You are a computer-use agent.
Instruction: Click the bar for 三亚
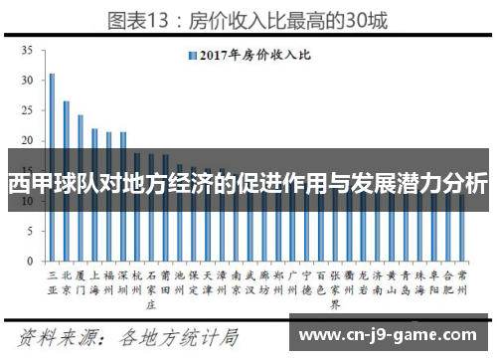point(52,154)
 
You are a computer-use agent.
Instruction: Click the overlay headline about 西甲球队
point(248,184)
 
